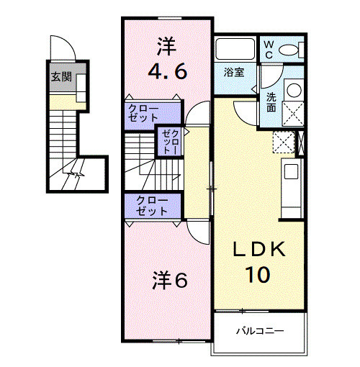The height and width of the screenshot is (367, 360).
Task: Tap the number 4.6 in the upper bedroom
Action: (x=168, y=72)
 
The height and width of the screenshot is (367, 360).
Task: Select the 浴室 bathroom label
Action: (x=234, y=73)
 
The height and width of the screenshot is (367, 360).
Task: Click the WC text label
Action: (x=269, y=49)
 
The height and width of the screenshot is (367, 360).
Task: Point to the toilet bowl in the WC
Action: (x=290, y=50)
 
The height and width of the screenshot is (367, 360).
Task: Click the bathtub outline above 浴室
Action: (x=235, y=50)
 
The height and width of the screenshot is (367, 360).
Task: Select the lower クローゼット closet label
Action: (x=153, y=207)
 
